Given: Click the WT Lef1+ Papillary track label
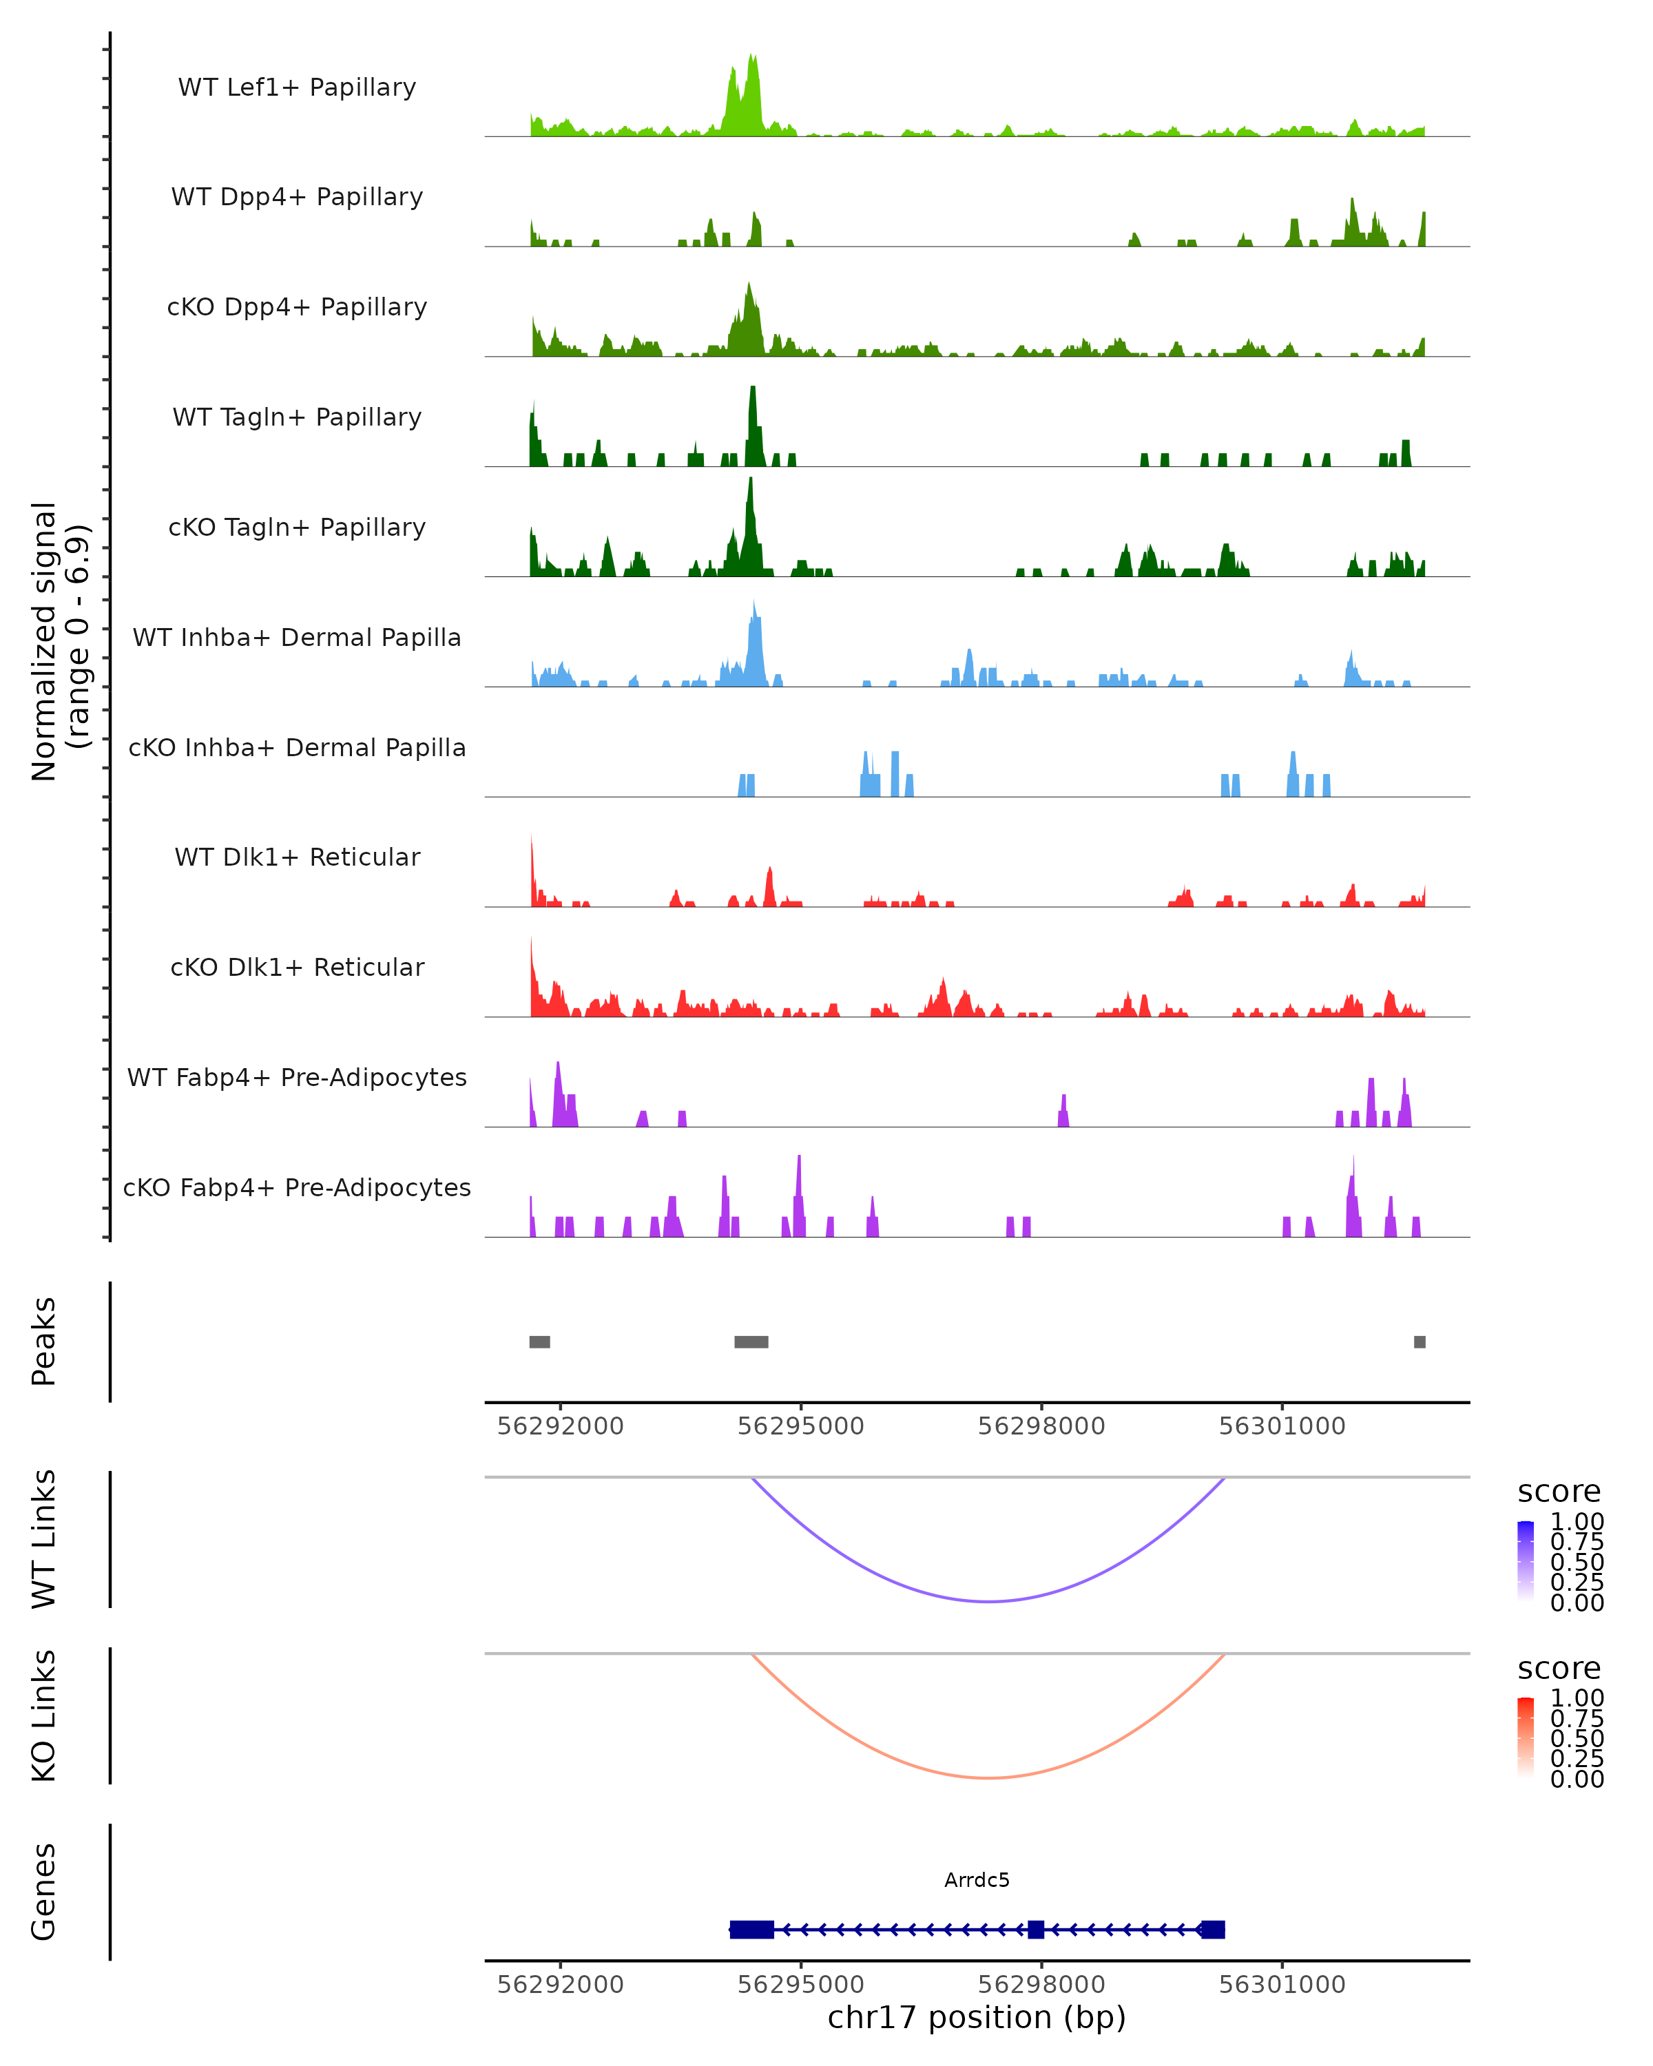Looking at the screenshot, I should (297, 87).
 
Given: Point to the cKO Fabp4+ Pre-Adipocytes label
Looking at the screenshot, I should (297, 1187).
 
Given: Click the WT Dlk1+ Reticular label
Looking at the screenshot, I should (297, 857).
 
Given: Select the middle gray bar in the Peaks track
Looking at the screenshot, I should (751, 1342).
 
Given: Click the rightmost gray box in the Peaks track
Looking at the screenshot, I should (1420, 1342).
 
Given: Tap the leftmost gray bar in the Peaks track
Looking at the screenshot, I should (539, 1342).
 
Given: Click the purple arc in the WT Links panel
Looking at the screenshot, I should (988, 1601).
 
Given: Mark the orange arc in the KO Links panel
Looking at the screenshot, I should (988, 1777).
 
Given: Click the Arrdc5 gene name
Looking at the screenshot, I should (977, 1880).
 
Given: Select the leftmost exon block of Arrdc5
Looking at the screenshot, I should (752, 1929).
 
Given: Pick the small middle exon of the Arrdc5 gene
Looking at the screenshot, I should (1036, 1929).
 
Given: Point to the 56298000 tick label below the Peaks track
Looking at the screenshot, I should (1041, 1426).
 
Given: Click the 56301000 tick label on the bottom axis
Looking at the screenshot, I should (1282, 1985).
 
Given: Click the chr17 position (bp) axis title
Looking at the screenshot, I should (977, 2018).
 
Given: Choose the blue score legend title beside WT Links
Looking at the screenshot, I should (1559, 1492).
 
